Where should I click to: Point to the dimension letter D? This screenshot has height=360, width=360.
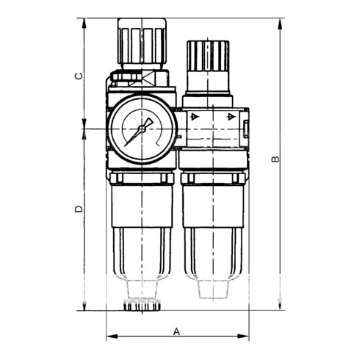[x=79, y=209]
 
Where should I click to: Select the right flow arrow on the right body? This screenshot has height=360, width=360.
[x=230, y=117]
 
